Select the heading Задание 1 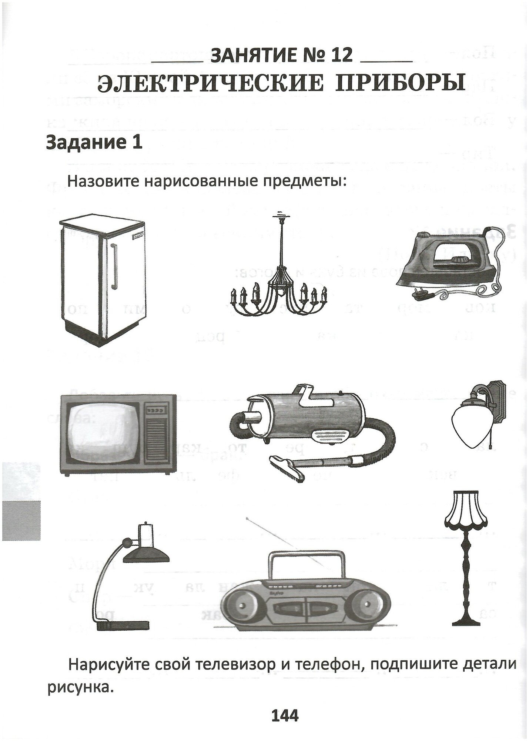coord(94,143)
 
